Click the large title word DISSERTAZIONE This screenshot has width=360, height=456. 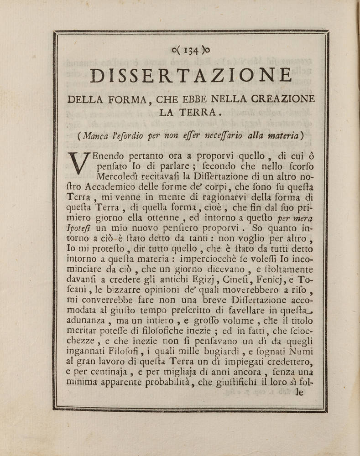(191, 76)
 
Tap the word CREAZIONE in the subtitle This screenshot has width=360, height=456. (278, 98)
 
